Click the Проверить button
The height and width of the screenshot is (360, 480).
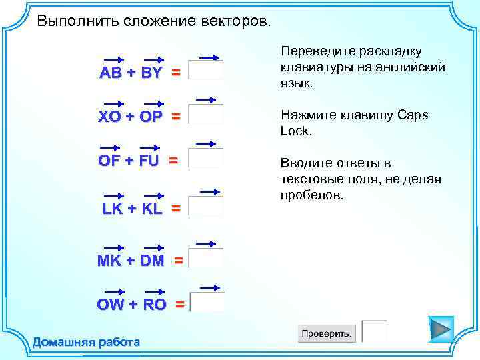click(327, 333)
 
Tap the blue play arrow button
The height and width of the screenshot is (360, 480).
click(441, 329)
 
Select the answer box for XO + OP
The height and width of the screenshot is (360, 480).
click(206, 115)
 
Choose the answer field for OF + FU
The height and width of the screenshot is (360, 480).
click(206, 159)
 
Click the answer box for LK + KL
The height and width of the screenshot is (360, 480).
click(206, 207)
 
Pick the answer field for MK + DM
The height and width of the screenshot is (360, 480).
click(206, 259)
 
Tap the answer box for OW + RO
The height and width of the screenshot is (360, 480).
click(207, 303)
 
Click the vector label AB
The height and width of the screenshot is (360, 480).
click(111, 73)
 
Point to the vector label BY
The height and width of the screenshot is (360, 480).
click(152, 73)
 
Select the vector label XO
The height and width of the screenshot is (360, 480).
click(110, 117)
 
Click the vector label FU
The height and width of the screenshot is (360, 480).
click(149, 161)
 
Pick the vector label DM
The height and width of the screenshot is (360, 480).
click(152, 261)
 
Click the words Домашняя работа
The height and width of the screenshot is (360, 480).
click(86, 343)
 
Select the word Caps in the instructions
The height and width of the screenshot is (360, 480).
click(413, 115)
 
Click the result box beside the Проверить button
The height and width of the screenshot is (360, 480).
click(375, 331)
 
